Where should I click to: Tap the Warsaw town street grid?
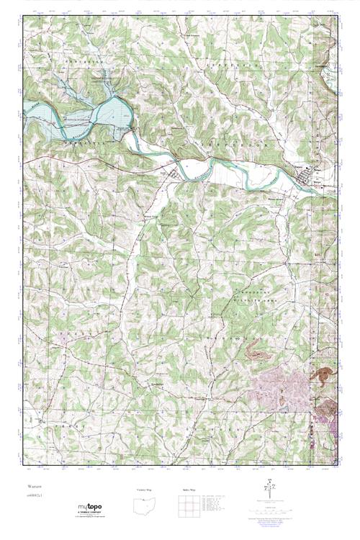[316, 175]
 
